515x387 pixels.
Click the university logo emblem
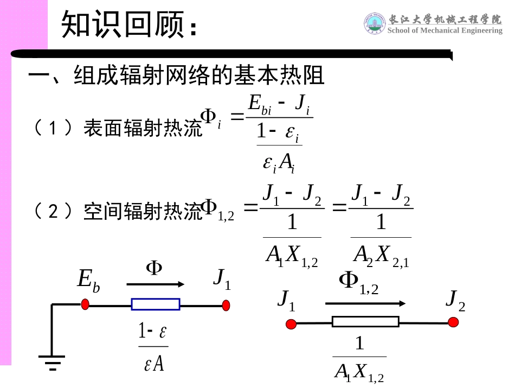[x=374, y=23]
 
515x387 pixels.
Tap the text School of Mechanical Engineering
[x=445, y=31]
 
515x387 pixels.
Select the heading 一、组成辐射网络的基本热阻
[x=176, y=75]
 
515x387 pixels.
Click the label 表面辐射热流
[x=142, y=129]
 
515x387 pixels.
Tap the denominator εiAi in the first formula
[x=279, y=163]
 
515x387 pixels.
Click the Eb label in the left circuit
[x=88, y=280]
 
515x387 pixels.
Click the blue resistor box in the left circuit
[x=156, y=304]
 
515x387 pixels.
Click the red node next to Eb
[x=85, y=304]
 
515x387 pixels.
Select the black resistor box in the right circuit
[x=365, y=322]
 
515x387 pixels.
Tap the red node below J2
[x=453, y=322]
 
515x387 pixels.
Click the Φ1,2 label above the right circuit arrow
[x=358, y=282]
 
